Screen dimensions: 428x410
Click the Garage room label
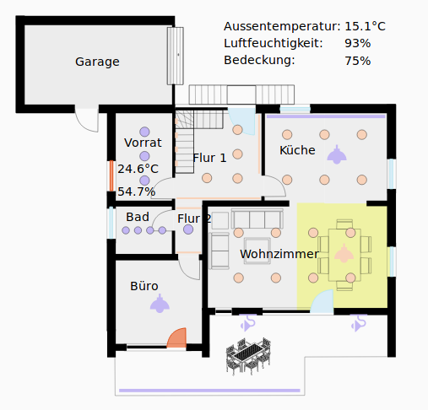tap(97, 62)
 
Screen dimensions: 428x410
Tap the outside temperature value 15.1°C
tap(365, 26)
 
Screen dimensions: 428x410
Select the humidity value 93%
tap(358, 44)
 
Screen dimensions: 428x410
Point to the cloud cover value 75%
tap(358, 61)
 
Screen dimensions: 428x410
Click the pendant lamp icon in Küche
tap(337, 154)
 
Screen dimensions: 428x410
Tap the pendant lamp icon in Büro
tap(160, 303)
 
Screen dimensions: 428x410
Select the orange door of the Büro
tap(176, 337)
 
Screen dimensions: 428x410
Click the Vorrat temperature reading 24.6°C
tap(138, 169)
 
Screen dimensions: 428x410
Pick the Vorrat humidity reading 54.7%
tap(137, 192)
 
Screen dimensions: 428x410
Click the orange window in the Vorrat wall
tap(111, 176)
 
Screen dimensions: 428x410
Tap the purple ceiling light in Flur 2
tap(188, 229)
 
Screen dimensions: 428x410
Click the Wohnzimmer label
tap(279, 254)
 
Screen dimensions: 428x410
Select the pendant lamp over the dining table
tap(344, 253)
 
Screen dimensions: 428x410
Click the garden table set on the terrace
tap(248, 356)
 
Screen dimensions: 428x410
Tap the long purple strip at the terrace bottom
tap(209, 391)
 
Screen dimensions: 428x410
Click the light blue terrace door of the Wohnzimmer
tap(322, 301)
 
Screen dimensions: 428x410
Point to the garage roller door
tap(176, 56)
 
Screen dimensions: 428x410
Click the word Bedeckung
tap(259, 60)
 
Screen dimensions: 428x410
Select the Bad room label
tap(138, 217)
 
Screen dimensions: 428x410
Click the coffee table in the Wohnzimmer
tap(257, 251)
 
